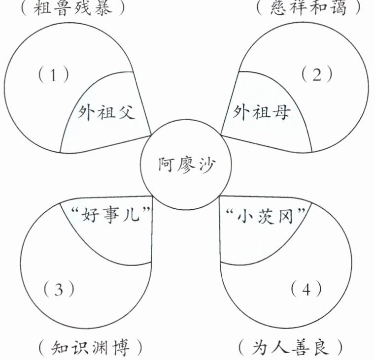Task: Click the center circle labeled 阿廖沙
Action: (x=187, y=165)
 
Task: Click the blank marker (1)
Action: (x=53, y=75)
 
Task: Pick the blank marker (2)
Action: (x=317, y=75)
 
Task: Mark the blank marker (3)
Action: (x=59, y=289)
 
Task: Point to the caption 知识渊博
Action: (x=90, y=349)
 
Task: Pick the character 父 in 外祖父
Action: (x=127, y=113)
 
